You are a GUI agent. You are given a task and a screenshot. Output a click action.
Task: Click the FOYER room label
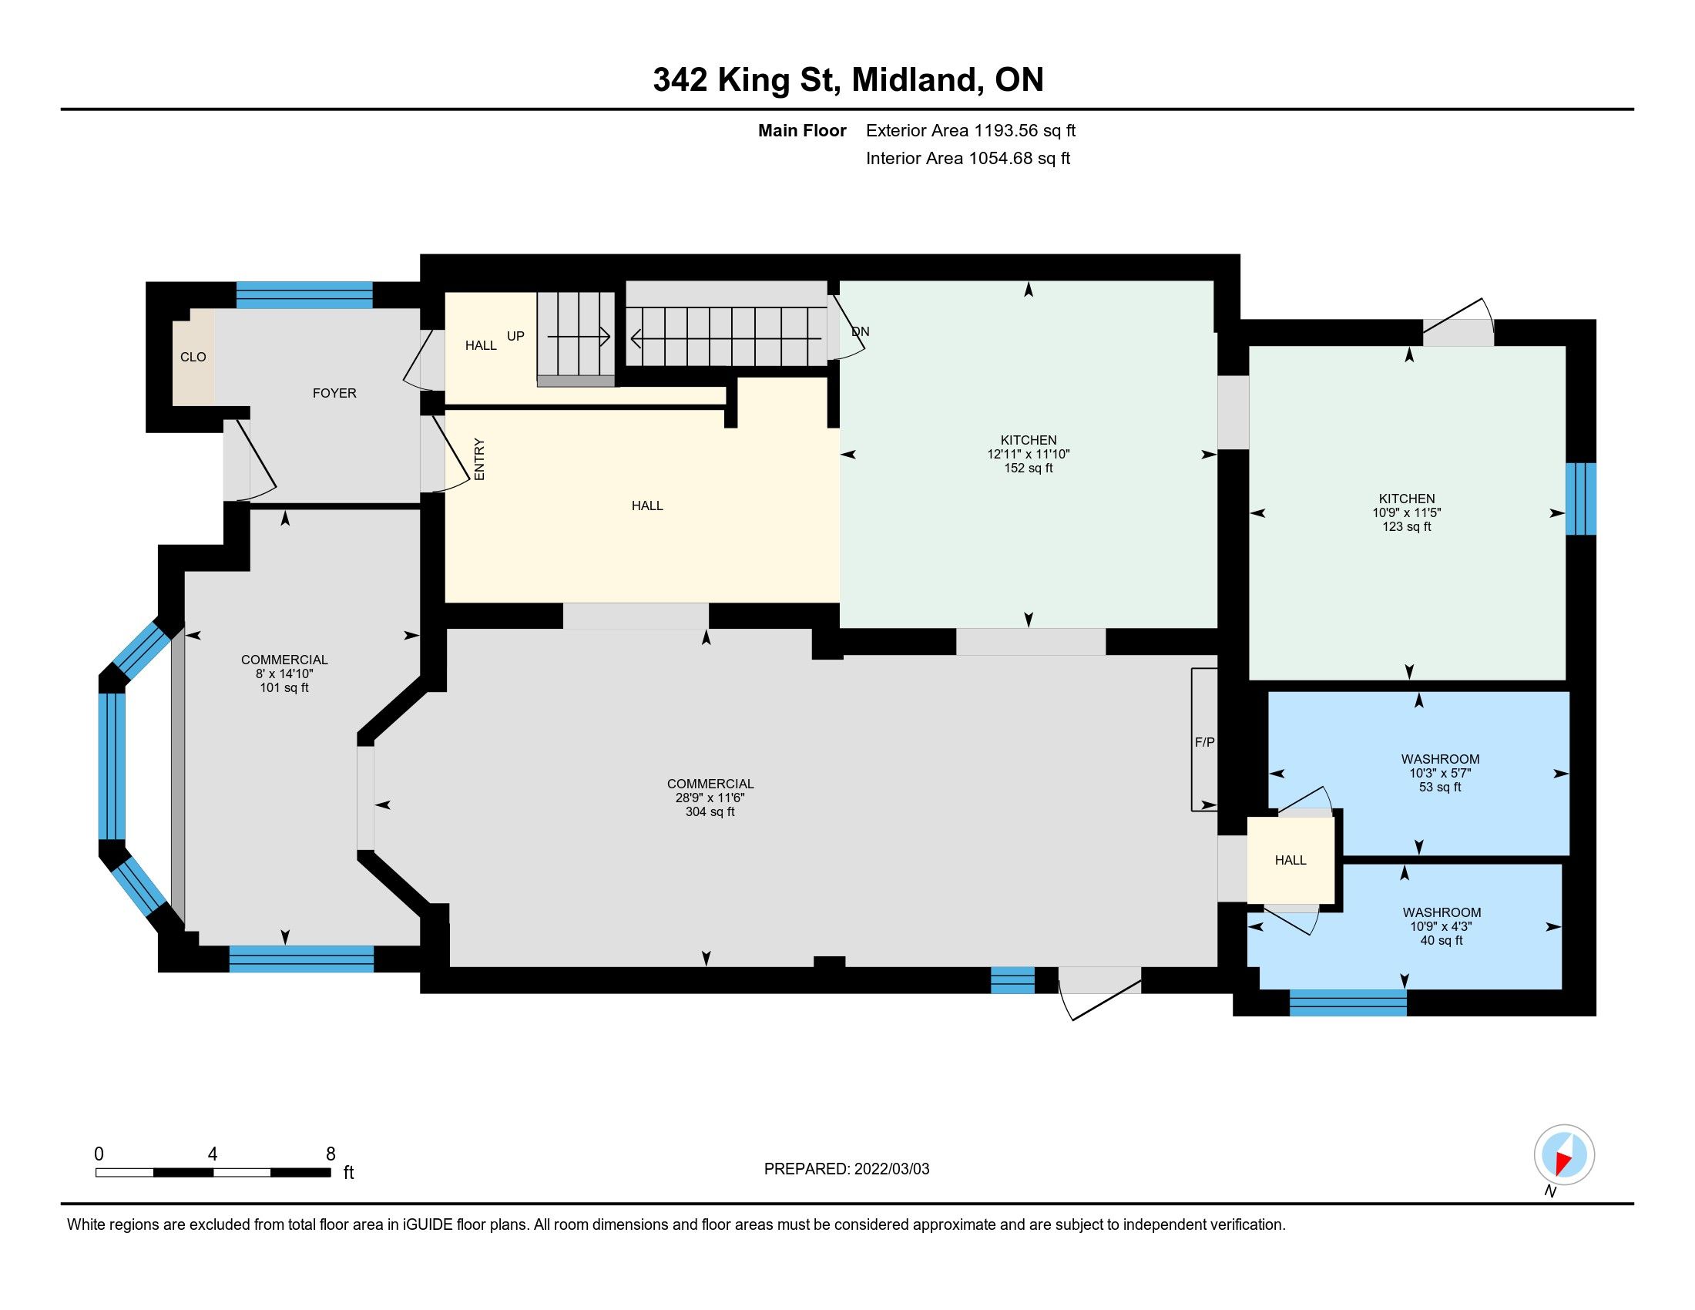click(x=334, y=394)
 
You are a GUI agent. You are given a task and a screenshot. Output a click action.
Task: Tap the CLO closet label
click(x=193, y=357)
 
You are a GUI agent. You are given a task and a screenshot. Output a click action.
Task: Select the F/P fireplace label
click(x=1204, y=743)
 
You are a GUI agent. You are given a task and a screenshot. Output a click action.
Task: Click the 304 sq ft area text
click(x=710, y=811)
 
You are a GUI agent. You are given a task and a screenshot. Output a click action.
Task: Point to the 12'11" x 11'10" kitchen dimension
click(x=1029, y=454)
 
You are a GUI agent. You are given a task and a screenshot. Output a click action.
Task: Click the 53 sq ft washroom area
click(x=1441, y=787)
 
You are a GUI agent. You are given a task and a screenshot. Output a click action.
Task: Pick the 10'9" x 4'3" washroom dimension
click(x=1442, y=926)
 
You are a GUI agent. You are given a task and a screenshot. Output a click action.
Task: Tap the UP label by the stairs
click(x=515, y=336)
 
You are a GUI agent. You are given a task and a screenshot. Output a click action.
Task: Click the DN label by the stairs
click(x=860, y=331)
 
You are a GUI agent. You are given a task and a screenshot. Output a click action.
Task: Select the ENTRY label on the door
click(x=479, y=459)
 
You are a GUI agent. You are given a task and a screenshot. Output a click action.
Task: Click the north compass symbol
click(x=1564, y=1154)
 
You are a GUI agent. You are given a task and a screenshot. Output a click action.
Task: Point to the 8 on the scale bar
click(x=331, y=1154)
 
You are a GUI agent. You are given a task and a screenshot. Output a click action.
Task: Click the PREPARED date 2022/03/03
click(x=847, y=1169)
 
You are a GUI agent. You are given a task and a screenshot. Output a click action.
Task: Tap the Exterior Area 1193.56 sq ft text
click(x=971, y=130)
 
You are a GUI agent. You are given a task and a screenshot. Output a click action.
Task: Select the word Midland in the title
click(x=914, y=79)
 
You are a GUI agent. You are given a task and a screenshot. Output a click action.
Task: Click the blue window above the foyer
click(x=304, y=295)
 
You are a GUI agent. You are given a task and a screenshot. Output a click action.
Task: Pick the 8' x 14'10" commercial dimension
click(x=284, y=673)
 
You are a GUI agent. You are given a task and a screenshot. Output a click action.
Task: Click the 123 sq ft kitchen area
click(x=1406, y=526)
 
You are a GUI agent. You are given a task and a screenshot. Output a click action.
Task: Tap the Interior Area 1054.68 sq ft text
click(x=968, y=158)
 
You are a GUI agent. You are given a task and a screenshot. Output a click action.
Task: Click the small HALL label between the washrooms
click(x=1291, y=860)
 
